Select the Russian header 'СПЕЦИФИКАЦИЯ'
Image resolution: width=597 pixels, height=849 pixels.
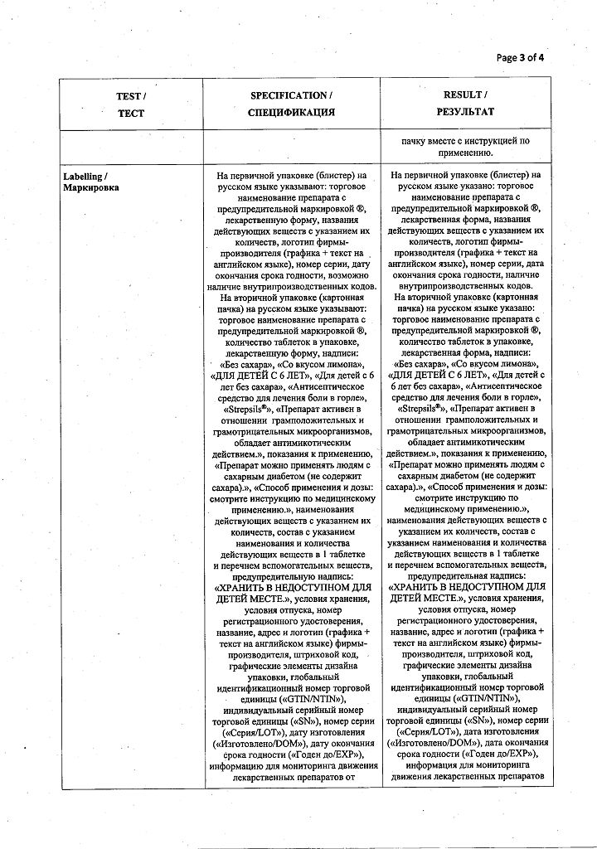(292, 112)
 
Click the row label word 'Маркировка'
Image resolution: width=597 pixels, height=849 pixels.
(91, 188)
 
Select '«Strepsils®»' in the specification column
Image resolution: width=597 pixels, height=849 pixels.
(248, 410)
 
